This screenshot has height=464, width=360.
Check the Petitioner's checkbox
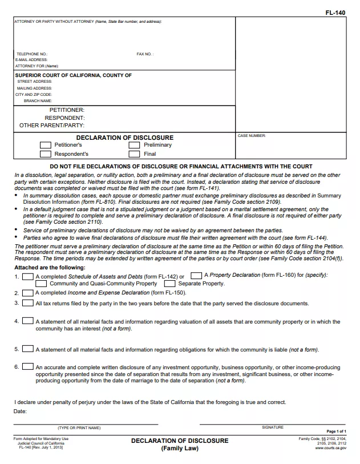click(46, 145)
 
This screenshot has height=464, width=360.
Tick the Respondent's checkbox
click(46, 154)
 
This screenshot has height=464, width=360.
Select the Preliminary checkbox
click(134, 145)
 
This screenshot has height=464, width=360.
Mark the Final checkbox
click(134, 154)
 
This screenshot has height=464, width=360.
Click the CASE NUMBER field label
click(252, 136)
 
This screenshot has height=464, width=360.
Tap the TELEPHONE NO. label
click(32, 54)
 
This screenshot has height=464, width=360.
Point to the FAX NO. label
click(145, 54)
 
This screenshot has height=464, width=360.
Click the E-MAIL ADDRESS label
click(31, 60)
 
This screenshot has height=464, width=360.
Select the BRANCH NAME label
click(38, 101)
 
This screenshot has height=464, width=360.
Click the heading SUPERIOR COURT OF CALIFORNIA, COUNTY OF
click(73, 75)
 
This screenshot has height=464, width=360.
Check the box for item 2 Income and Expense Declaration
click(27, 292)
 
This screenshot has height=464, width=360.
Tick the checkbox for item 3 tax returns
click(27, 303)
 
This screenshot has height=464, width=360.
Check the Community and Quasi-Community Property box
click(41, 284)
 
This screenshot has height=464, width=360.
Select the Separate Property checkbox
click(169, 284)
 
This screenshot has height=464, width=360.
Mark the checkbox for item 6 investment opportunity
click(27, 366)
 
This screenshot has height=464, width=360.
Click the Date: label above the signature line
click(21, 411)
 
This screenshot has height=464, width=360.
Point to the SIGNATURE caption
click(273, 427)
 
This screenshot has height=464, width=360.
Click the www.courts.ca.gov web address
click(330, 449)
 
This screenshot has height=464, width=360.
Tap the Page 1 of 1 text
click(336, 431)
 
